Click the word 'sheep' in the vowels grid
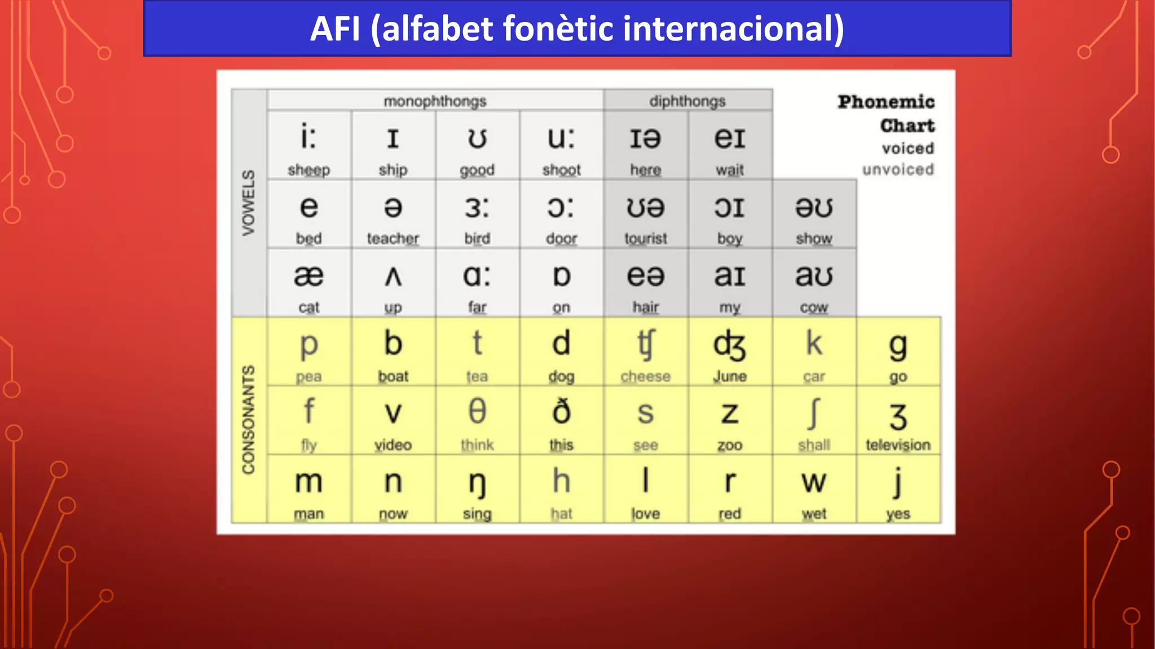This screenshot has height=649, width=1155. [308, 170]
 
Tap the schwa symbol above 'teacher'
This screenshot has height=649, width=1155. [393, 207]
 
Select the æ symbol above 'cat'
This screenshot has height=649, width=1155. [308, 276]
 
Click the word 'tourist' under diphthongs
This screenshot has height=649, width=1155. [645, 238]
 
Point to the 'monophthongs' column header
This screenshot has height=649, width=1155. [435, 101]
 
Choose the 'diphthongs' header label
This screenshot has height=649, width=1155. [687, 101]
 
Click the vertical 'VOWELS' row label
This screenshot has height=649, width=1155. [249, 203]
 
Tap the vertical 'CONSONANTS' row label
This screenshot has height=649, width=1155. [249, 420]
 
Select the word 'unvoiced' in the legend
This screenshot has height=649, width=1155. [898, 169]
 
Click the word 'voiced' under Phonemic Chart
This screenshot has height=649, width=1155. [908, 148]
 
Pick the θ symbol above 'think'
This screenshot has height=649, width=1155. [477, 411]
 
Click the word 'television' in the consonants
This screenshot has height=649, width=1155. [898, 445]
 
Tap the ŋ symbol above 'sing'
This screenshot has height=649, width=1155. [477, 483]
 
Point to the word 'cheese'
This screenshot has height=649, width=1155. [645, 376]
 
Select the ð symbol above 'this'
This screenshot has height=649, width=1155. [561, 411]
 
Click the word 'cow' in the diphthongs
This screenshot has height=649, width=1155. [814, 308]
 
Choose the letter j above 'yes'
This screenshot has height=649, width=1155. [898, 482]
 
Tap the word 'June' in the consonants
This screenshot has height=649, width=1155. [730, 376]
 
